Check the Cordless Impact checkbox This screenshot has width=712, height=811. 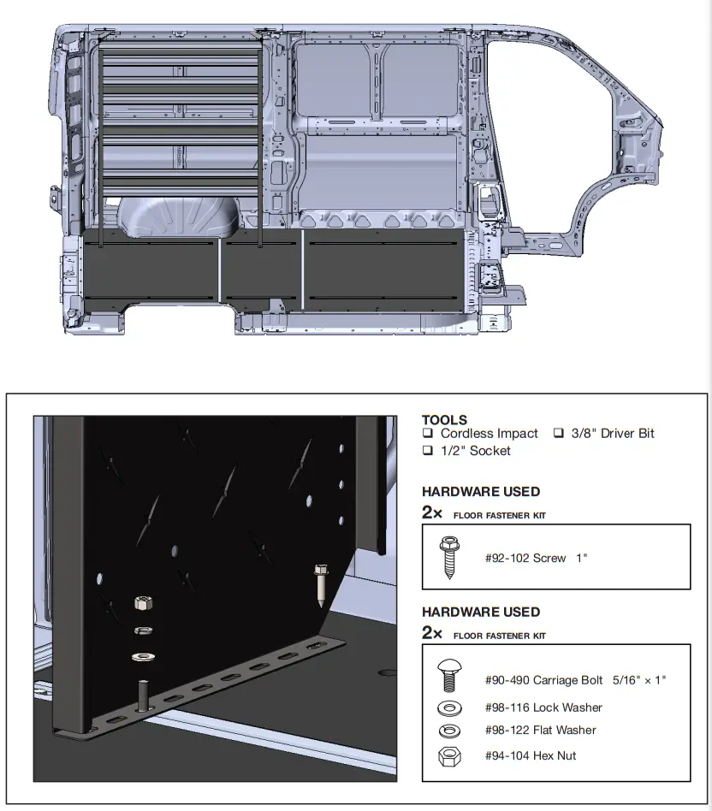[428, 434]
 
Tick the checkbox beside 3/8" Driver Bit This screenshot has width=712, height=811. [558, 434]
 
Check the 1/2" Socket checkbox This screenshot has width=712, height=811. [428, 451]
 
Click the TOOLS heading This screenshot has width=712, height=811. [444, 420]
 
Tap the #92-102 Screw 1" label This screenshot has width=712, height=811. [536, 558]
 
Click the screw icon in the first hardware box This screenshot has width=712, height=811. [448, 558]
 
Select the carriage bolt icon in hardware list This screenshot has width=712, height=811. [448, 679]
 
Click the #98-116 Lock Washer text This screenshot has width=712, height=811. [543, 707]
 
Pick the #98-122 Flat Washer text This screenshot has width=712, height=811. [540, 730]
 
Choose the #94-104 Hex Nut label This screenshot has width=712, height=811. [530, 755]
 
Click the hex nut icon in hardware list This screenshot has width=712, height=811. [448, 755]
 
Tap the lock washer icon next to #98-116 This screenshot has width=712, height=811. [448, 708]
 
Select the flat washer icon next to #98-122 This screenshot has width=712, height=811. [448, 731]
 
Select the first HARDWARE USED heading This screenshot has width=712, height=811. [481, 492]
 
